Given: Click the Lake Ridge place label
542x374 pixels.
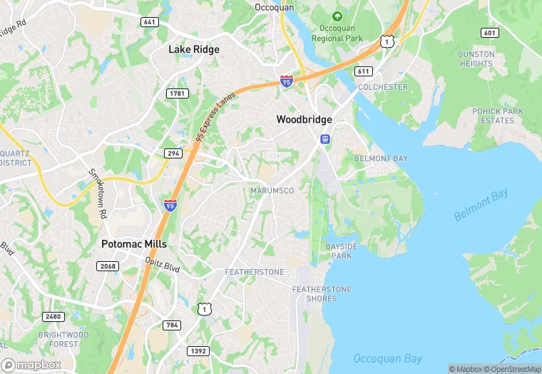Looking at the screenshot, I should (194, 49).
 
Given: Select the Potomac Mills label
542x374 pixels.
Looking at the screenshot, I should (134, 244).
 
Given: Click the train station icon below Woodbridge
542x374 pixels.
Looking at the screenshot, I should (324, 138).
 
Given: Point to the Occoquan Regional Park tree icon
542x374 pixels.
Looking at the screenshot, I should (337, 16).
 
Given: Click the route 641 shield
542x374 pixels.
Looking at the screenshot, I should (149, 22).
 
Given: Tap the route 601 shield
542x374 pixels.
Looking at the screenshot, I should (489, 33).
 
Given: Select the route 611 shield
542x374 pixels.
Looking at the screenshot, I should (364, 71).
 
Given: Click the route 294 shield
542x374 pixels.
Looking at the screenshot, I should (173, 153).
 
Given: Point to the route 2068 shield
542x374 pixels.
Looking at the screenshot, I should (107, 266).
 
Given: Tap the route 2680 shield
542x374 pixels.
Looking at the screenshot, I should (53, 316).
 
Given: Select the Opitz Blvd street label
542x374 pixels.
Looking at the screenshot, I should (163, 264).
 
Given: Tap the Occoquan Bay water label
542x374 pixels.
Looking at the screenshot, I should (388, 358).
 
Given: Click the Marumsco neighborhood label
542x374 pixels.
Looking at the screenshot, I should (272, 191).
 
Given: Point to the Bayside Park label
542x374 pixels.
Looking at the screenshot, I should (339, 250).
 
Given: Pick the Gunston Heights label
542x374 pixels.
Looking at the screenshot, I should (476, 59).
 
